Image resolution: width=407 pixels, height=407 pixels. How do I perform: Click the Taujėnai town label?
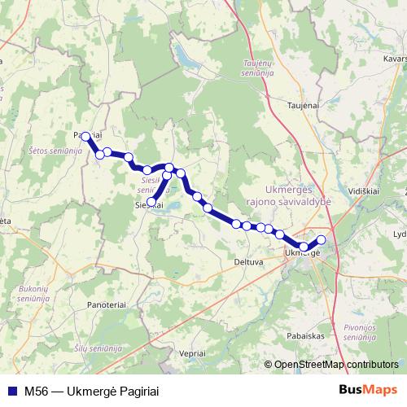[x=300, y=105]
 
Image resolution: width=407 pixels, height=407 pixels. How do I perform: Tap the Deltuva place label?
[x=247, y=262]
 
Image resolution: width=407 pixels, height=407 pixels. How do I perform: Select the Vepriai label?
[x=192, y=353]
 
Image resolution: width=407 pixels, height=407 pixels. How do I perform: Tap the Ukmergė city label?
[x=302, y=254]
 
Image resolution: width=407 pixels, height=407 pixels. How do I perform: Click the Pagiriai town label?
[x=87, y=134]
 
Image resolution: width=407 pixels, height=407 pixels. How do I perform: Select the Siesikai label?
[x=149, y=205]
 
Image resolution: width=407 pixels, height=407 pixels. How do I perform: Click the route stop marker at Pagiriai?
[x=85, y=137]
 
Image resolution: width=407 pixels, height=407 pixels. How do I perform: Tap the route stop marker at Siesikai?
[x=151, y=200]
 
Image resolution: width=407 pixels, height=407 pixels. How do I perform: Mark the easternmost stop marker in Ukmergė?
[x=321, y=239]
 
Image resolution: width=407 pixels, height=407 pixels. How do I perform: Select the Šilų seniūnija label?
[x=97, y=348]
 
